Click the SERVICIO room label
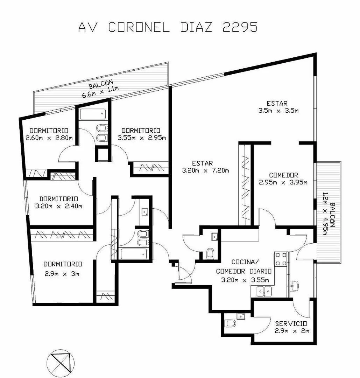[x=291, y=324]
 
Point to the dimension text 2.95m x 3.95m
[x=283, y=182]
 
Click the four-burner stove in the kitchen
[x=281, y=259]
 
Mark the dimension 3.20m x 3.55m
[x=245, y=280]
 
